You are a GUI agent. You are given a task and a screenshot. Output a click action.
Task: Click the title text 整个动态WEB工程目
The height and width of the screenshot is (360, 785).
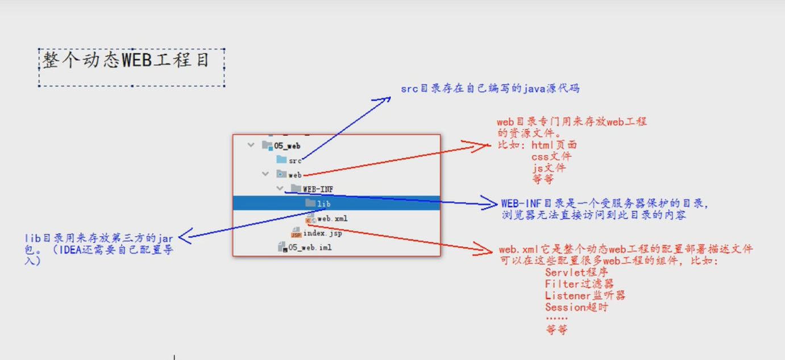[x=126, y=60]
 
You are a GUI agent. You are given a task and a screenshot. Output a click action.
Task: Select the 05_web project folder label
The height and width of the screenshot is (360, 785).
[x=286, y=146]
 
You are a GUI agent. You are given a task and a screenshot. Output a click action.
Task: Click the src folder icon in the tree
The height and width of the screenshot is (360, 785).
[x=281, y=160]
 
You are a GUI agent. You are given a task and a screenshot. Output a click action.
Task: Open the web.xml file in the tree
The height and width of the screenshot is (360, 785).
[x=332, y=218]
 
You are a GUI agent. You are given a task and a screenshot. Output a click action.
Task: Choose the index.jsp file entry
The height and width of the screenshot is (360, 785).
[x=322, y=233]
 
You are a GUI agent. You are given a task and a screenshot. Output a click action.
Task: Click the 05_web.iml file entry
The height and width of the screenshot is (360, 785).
[x=310, y=247]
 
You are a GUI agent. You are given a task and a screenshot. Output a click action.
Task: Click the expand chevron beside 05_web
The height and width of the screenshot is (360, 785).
[x=251, y=146]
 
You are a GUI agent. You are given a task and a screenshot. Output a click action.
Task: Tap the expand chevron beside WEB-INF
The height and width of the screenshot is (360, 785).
[x=280, y=188]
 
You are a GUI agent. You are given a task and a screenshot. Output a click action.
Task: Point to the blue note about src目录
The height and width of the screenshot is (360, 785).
[x=490, y=89]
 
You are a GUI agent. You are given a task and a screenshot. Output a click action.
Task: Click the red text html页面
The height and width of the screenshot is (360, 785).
[x=554, y=145]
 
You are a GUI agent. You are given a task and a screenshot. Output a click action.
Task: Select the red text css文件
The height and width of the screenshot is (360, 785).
[x=551, y=156]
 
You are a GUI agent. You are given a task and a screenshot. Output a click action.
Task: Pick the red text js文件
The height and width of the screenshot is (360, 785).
[x=549, y=168]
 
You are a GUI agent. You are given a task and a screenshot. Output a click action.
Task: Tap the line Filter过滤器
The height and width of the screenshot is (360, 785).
[x=579, y=284]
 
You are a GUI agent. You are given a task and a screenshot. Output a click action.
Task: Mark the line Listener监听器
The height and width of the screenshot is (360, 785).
[x=585, y=295]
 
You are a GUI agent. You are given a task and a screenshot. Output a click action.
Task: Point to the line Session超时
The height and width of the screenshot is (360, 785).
[x=576, y=307]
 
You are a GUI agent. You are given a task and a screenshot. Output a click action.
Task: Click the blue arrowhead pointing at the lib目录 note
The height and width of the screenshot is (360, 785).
[x=183, y=238]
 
